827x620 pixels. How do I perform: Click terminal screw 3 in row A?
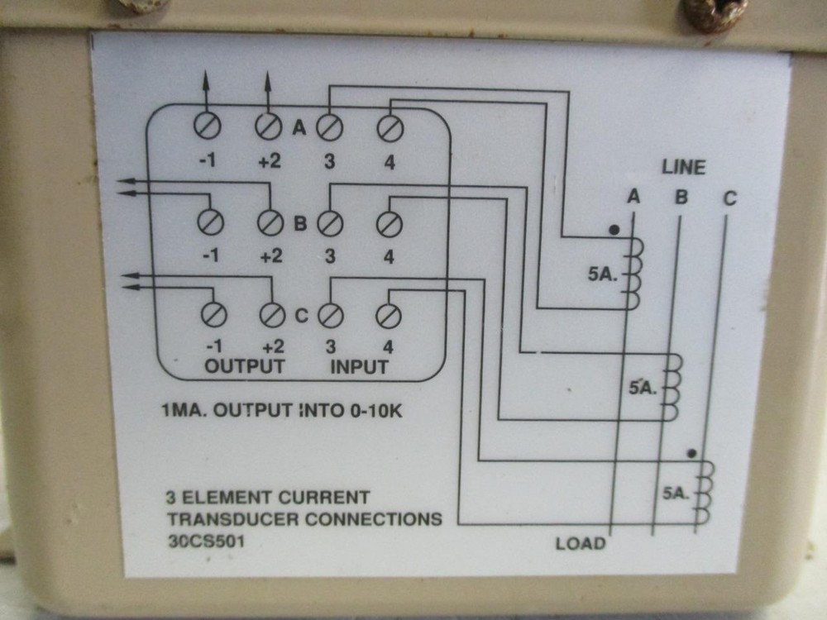[x=329, y=128]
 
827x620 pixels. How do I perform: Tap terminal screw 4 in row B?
[x=388, y=223]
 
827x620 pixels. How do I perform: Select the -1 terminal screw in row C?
[x=212, y=315]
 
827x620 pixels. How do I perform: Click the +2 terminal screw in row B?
[x=270, y=222]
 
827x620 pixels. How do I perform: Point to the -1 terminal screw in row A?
[x=207, y=127]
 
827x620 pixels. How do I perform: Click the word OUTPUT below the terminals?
[x=244, y=365]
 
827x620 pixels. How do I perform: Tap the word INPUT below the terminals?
[x=359, y=366]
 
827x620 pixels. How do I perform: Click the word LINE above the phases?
[x=683, y=167]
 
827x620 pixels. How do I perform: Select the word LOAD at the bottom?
[x=580, y=543]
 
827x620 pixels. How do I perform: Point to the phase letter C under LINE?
[x=729, y=198]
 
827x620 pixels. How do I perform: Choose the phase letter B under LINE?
[x=681, y=198]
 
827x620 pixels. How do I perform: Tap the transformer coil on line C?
[x=704, y=494]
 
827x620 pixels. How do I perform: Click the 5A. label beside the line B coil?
[x=642, y=386]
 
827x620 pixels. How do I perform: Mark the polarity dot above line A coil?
[x=613, y=230]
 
